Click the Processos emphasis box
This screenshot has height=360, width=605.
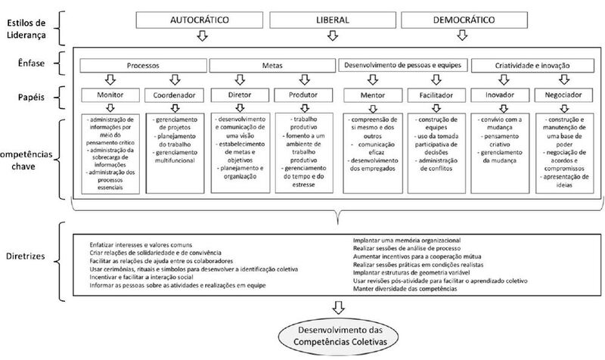click(x=144, y=66)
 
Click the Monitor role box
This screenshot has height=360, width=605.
click(x=112, y=96)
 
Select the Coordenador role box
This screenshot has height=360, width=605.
click(x=175, y=96)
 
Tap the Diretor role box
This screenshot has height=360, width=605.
click(x=240, y=96)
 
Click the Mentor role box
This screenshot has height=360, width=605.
click(x=370, y=96)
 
